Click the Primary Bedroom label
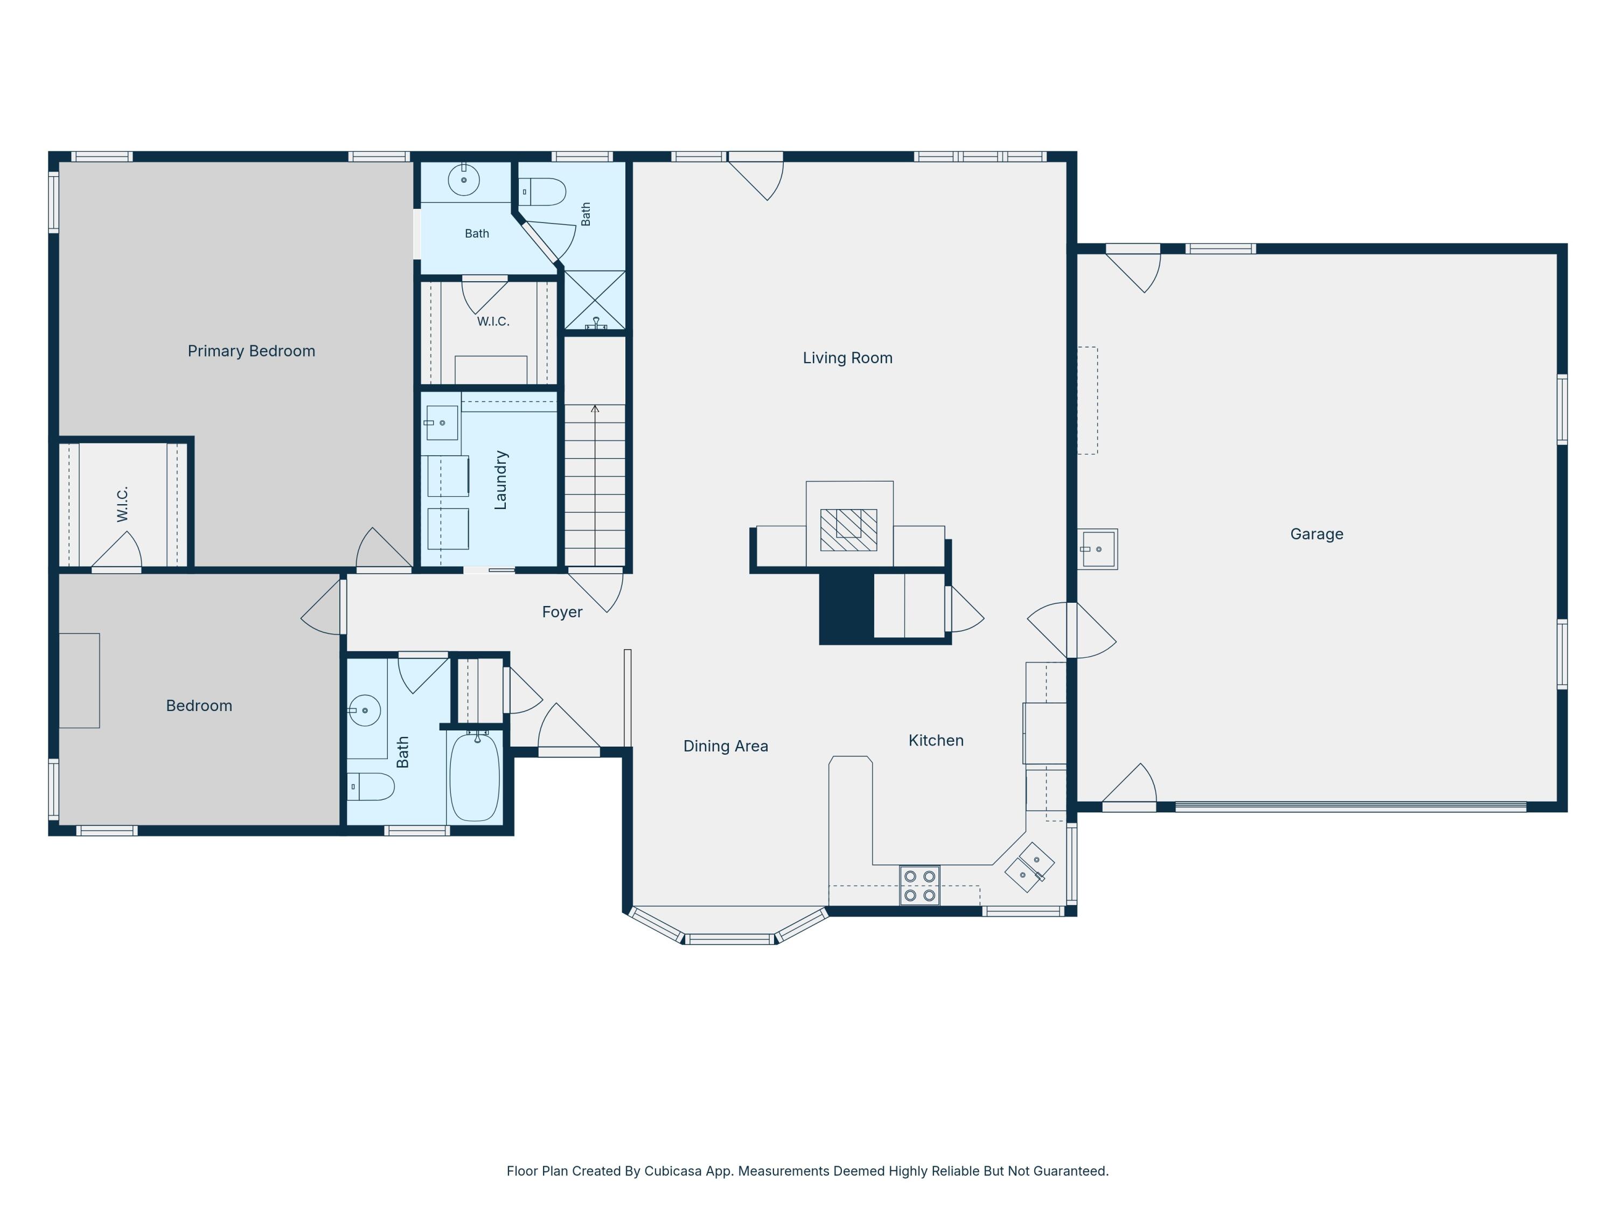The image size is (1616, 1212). (252, 351)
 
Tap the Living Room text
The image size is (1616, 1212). (847, 358)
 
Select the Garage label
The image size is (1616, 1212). (1317, 534)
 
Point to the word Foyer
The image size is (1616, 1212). (562, 612)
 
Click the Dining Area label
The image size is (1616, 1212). (726, 746)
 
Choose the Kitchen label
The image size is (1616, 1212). (936, 740)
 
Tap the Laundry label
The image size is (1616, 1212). (500, 480)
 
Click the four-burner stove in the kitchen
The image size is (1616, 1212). (920, 886)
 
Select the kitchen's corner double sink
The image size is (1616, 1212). (1029, 867)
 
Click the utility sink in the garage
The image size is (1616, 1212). (1098, 549)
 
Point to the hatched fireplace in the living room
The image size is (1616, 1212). (848, 530)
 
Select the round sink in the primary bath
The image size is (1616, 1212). (463, 180)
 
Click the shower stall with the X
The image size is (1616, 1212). (595, 299)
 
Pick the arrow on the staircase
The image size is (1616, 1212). (595, 485)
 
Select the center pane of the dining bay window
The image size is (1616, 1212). (729, 939)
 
